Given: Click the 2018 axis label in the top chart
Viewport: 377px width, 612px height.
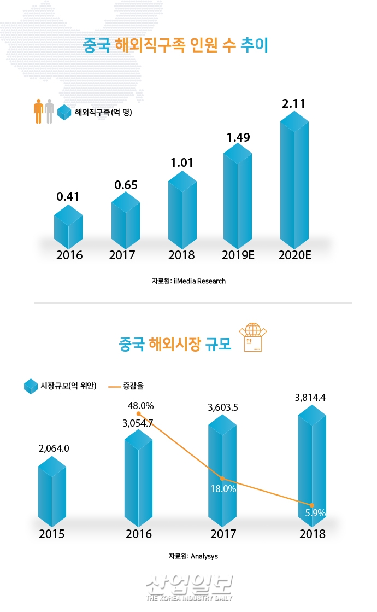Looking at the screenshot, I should click(181, 255).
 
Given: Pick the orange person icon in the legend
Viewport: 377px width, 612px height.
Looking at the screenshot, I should click(38, 112).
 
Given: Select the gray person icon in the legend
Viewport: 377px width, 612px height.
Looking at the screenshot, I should click(49, 112).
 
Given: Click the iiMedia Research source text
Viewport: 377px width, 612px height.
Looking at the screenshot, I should click(188, 281).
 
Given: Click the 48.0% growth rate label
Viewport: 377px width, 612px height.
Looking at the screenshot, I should click(140, 406).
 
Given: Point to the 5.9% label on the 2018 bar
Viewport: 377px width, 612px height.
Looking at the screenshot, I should click(315, 513).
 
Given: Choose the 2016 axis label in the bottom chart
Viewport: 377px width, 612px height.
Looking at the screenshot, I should click(138, 534).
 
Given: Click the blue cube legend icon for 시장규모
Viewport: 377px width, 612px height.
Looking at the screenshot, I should click(31, 386).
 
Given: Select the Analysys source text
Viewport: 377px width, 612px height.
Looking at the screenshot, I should click(193, 556).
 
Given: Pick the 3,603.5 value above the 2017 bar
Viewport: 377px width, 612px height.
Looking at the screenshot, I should click(223, 407).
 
